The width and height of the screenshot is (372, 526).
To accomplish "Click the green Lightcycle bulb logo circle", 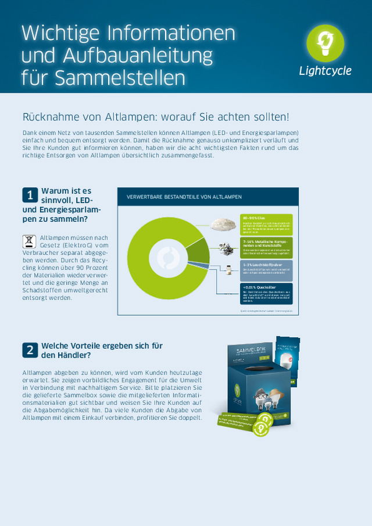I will coord(325,44).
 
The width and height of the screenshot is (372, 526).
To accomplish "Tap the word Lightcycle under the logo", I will coord(325,71).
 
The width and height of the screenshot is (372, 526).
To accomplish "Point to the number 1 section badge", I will coord(30,194).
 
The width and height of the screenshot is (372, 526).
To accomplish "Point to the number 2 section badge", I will coord(30,350).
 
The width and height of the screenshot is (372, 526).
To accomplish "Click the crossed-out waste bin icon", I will coord(29,242).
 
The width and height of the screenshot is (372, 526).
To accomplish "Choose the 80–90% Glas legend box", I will coord(267,224).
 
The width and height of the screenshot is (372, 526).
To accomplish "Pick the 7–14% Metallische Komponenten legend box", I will coord(267,247).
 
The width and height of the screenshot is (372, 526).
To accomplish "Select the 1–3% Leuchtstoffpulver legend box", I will coord(267,270).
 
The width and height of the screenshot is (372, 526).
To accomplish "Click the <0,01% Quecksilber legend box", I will coord(267,294).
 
